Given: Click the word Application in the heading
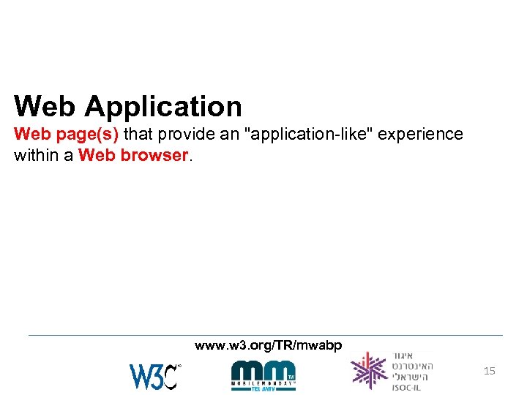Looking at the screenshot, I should click(x=162, y=107).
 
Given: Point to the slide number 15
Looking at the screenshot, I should click(x=490, y=372).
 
